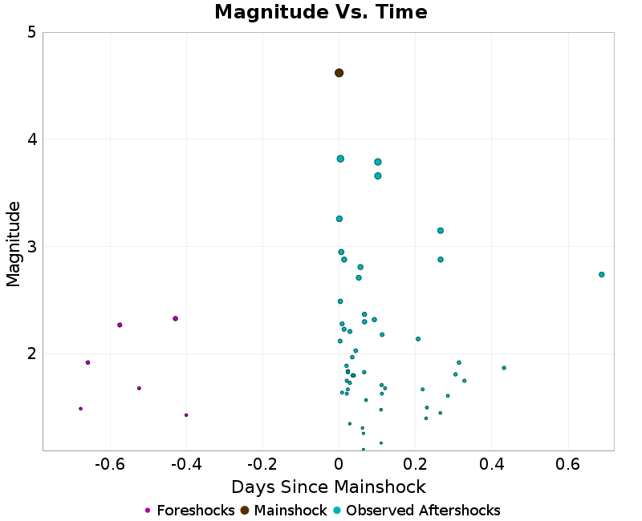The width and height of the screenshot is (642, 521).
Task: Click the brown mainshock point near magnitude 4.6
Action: pyautogui.click(x=339, y=73)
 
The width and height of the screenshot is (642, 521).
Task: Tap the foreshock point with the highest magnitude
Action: pyautogui.click(x=175, y=319)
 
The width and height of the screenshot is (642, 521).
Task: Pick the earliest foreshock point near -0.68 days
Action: pyautogui.click(x=80, y=409)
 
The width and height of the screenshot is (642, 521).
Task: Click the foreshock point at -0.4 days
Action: pyautogui.click(x=186, y=415)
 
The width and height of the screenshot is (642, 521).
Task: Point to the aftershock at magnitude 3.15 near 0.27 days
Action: pyautogui.click(x=441, y=231)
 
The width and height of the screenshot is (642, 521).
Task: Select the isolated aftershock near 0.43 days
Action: pyautogui.click(x=504, y=368)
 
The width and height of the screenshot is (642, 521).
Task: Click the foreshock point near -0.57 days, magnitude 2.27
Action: pyautogui.click(x=120, y=325)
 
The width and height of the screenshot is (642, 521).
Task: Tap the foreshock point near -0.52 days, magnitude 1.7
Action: pyautogui.click(x=139, y=388)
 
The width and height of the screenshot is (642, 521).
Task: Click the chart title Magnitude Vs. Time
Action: pyautogui.click(x=321, y=12)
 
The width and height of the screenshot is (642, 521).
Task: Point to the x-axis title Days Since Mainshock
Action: pyautogui.click(x=328, y=487)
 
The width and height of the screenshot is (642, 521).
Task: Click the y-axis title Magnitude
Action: pyautogui.click(x=14, y=244)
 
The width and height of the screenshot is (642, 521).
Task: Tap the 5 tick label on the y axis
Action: pyautogui.click(x=30, y=33)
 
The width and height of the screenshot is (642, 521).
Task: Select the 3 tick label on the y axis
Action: pyautogui.click(x=30, y=247)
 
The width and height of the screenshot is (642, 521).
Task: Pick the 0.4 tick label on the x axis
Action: pyautogui.click(x=491, y=464)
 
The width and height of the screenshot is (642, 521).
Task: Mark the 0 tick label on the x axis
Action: pyautogui.click(x=339, y=464)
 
